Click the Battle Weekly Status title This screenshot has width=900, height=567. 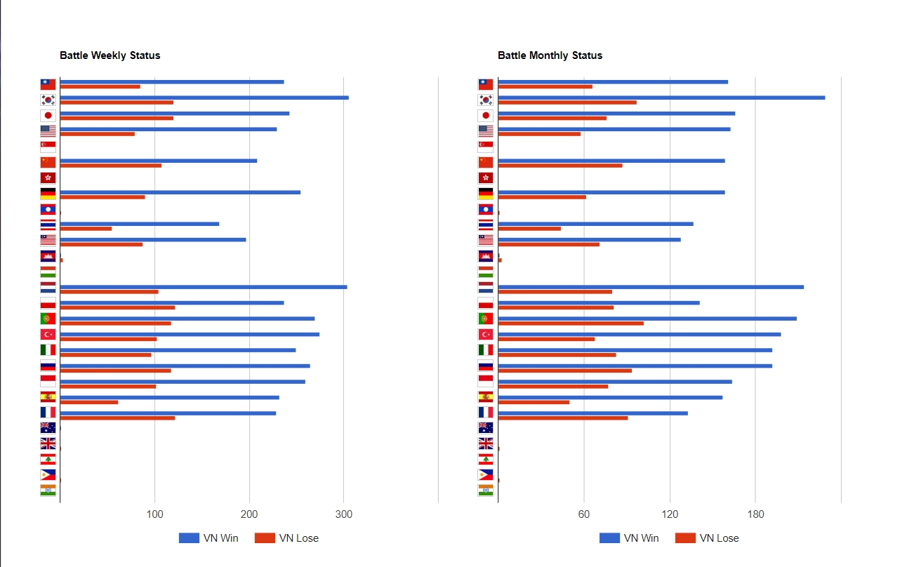110,55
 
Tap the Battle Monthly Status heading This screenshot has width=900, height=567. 550,55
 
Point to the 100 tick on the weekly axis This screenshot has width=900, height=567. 154,515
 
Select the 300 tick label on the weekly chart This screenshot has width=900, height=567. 343,515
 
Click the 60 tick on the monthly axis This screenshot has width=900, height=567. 584,515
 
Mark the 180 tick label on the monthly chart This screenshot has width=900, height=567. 755,515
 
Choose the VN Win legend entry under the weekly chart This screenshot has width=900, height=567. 209,538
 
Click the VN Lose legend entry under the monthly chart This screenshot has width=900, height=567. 708,538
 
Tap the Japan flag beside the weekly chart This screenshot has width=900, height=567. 48,116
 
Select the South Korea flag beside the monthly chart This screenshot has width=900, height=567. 486,100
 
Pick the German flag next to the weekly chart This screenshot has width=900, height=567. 48,194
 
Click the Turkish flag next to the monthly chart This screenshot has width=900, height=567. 486,334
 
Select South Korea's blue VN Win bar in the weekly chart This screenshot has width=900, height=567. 204,98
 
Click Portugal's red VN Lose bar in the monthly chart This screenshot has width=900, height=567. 570,323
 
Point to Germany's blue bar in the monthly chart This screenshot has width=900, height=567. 611,192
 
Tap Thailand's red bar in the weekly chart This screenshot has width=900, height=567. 86,229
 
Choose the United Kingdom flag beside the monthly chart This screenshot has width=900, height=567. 486,443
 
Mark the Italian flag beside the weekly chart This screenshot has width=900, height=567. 48,349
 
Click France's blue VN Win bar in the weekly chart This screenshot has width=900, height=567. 168,413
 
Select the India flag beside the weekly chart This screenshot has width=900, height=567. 48,491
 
